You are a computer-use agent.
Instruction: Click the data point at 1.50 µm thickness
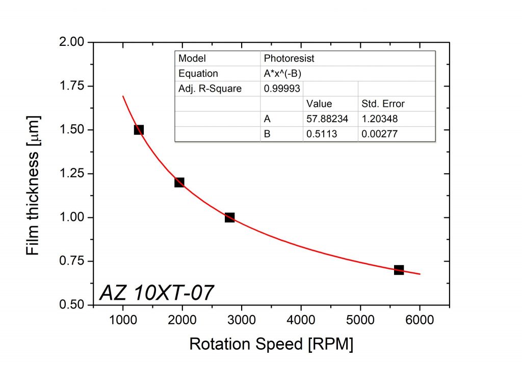139,130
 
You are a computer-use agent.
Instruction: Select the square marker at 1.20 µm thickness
179,182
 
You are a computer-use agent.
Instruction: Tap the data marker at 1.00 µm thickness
229,217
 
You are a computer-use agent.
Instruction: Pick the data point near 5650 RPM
399,270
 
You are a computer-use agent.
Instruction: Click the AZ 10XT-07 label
156,293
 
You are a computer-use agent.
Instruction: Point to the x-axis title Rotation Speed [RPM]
271,344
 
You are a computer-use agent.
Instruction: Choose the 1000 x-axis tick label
123,321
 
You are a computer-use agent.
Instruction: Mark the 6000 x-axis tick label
420,321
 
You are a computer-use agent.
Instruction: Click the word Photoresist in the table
289,59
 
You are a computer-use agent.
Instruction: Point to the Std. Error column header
383,104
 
